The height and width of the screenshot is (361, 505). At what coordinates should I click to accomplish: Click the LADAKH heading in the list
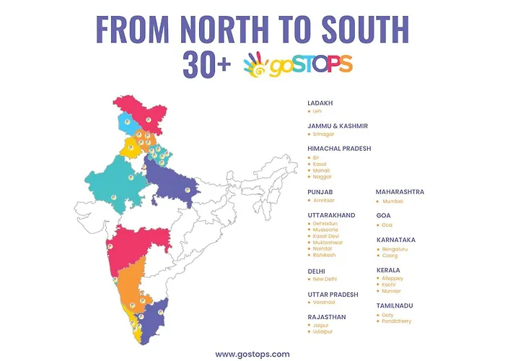pyautogui.click(x=320, y=103)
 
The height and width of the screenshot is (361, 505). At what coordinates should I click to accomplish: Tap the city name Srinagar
pyautogui.click(x=322, y=134)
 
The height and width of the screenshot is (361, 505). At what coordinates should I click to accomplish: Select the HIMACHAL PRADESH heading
pyautogui.click(x=339, y=148)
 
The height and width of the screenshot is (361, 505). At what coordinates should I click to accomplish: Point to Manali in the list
pyautogui.click(x=320, y=170)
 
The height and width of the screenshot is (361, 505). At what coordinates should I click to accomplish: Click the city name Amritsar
pyautogui.click(x=324, y=200)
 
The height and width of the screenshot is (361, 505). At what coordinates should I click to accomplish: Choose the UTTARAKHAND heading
pyautogui.click(x=331, y=215)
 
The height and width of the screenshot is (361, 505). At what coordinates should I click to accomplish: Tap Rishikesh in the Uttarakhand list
pyautogui.click(x=324, y=255)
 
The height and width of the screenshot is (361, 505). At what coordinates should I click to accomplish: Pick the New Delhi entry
pyautogui.click(x=325, y=279)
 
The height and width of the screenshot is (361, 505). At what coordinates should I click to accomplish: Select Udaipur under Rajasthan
pyautogui.click(x=322, y=331)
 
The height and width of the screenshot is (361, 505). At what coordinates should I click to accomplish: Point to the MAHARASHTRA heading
pyautogui.click(x=400, y=192)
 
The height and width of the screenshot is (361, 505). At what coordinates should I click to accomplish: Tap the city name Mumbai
pyautogui.click(x=392, y=201)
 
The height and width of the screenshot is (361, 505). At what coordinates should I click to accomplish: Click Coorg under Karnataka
pyautogui.click(x=390, y=255)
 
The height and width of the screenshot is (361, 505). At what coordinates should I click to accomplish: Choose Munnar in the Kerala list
pyautogui.click(x=392, y=291)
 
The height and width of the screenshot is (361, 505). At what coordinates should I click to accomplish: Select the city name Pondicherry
pyautogui.click(x=397, y=321)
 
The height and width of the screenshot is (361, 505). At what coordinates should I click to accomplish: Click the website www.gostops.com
pyautogui.click(x=252, y=354)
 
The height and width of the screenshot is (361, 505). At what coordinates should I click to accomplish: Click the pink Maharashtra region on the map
pyautogui.click(x=138, y=242)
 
